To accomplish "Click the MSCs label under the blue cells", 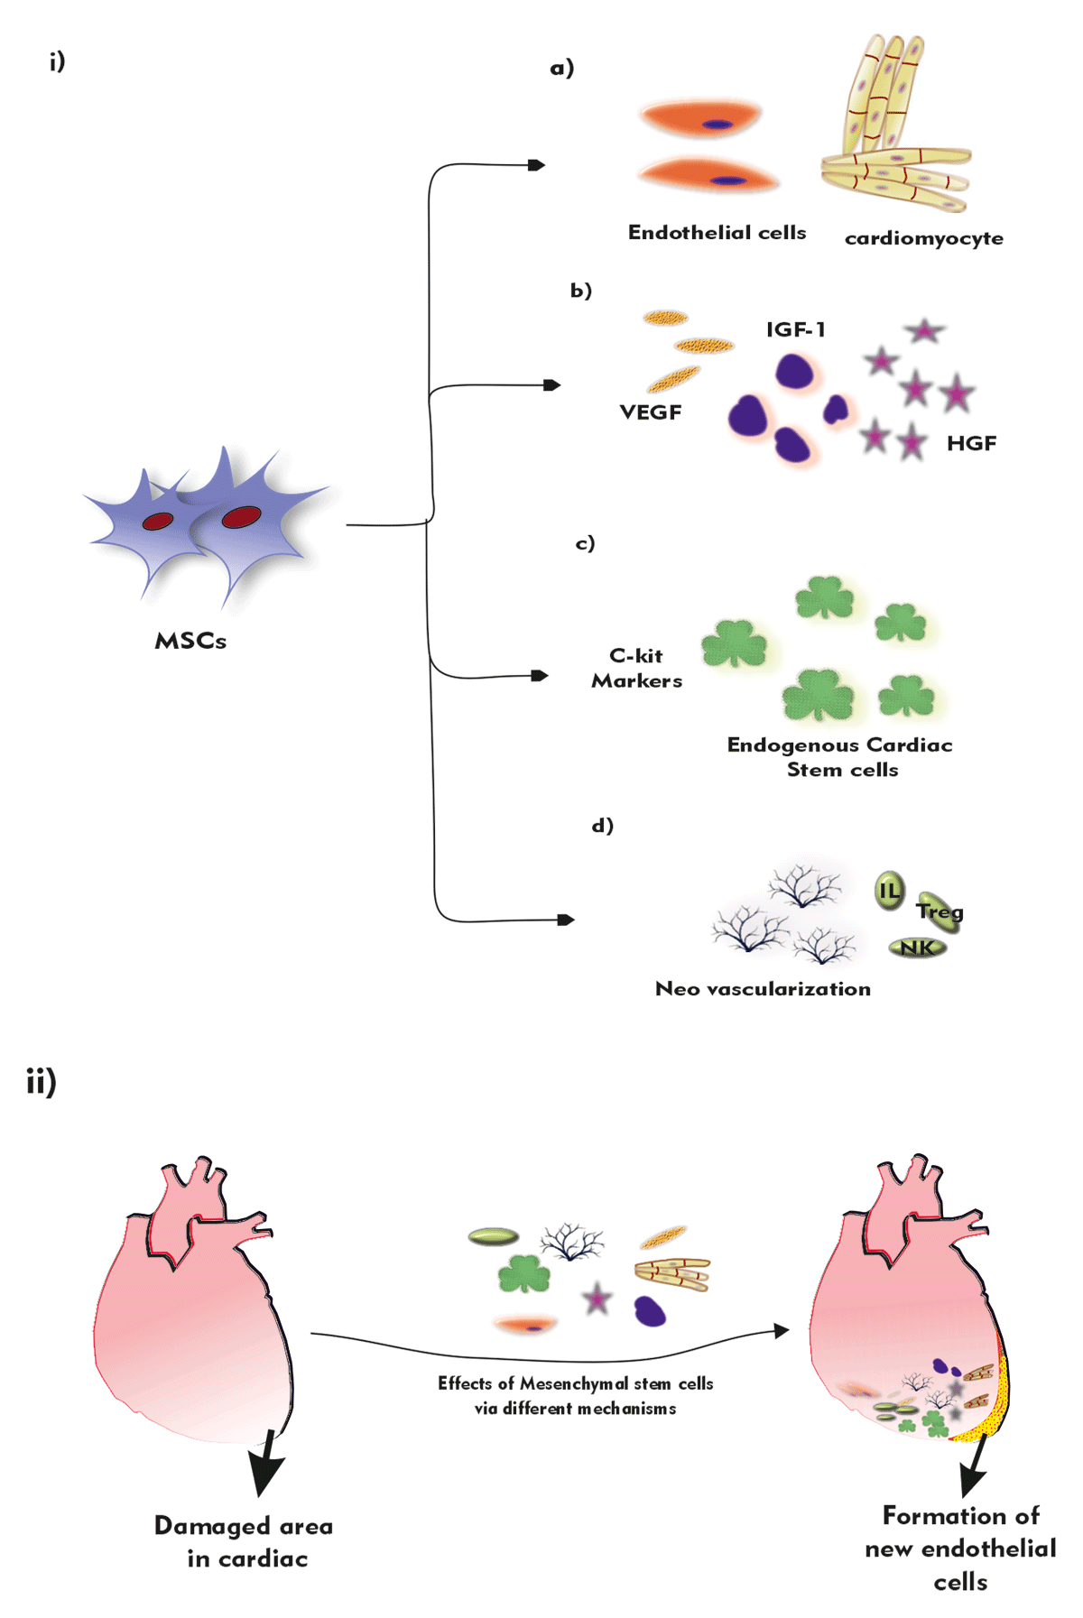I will click(190, 641).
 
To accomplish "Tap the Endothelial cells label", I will click(717, 233).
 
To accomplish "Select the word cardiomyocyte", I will click(923, 239).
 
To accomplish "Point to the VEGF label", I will click(650, 412).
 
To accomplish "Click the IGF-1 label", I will click(795, 330).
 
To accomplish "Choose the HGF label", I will click(971, 443).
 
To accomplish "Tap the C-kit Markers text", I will click(636, 669).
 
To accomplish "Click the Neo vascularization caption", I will click(763, 989).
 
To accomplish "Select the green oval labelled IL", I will click(890, 892).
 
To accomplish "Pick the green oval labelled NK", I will click(918, 948).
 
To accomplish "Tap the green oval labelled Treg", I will click(939, 911).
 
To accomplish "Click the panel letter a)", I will click(562, 69).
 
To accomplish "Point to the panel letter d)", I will click(602, 826).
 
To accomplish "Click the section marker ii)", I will click(42, 1081).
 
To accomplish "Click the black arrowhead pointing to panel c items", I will click(540, 675).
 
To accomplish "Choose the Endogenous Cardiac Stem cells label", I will click(840, 757).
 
